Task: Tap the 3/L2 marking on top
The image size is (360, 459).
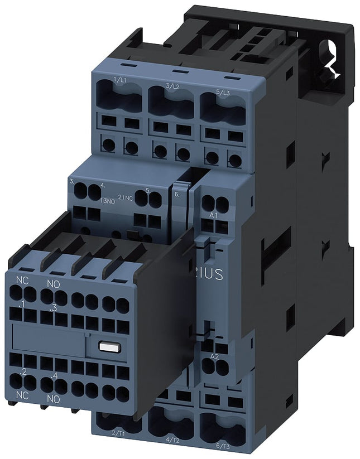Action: [x=172, y=86]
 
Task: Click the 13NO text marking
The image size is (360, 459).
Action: [x=108, y=202]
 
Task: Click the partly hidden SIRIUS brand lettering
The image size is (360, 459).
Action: [x=210, y=274]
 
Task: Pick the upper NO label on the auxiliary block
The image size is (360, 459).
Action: [x=54, y=284]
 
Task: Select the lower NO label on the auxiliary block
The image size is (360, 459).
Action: [x=54, y=399]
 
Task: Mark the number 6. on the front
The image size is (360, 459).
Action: [x=176, y=195]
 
